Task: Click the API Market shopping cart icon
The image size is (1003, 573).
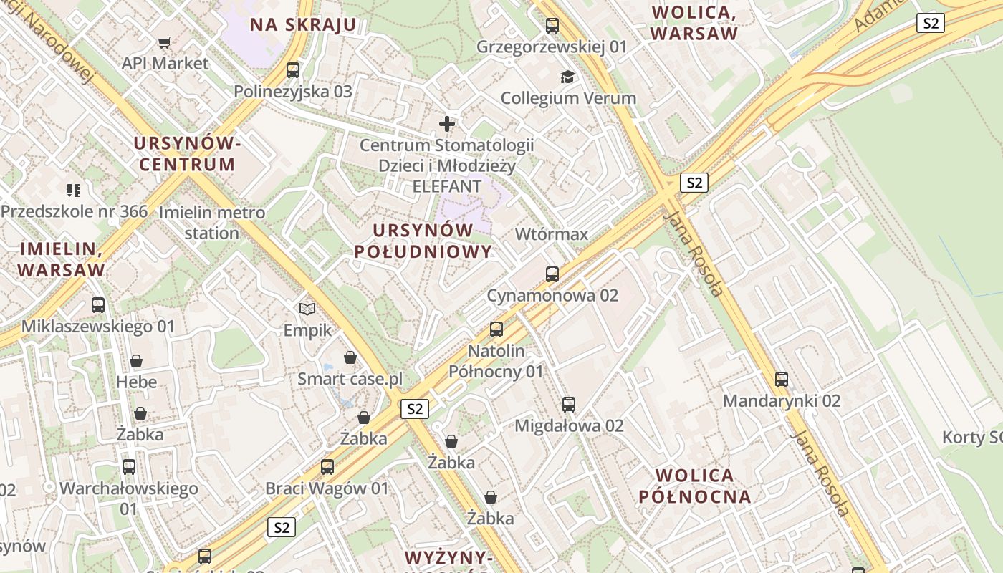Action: [x=165, y=42]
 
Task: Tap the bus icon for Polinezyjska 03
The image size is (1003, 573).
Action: [x=293, y=70]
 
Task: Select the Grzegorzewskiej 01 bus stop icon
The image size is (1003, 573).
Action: [x=552, y=26]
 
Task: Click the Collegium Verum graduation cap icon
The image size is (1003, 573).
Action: [x=568, y=77]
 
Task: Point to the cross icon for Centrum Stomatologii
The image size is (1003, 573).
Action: [x=447, y=124]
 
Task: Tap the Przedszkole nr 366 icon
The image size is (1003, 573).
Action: [x=74, y=191]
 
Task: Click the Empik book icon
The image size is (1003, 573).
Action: [x=307, y=309]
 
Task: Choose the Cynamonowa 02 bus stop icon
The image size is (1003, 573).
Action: [x=552, y=274]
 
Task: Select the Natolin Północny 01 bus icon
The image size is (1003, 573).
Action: [x=496, y=329]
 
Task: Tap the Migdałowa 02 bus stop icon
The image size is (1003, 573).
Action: [x=569, y=405]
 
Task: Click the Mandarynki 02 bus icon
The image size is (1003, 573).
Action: [x=782, y=380]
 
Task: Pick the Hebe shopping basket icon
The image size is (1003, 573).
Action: [x=136, y=361]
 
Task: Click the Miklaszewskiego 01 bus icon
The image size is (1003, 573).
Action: [x=98, y=305]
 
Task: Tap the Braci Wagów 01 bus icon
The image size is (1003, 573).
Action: [x=327, y=467]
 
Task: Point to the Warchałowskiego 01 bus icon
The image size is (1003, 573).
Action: [x=129, y=467]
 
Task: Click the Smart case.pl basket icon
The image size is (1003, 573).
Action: [x=350, y=357]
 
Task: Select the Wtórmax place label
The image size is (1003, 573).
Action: [x=552, y=234]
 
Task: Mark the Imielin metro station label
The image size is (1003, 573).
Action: [x=212, y=223]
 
